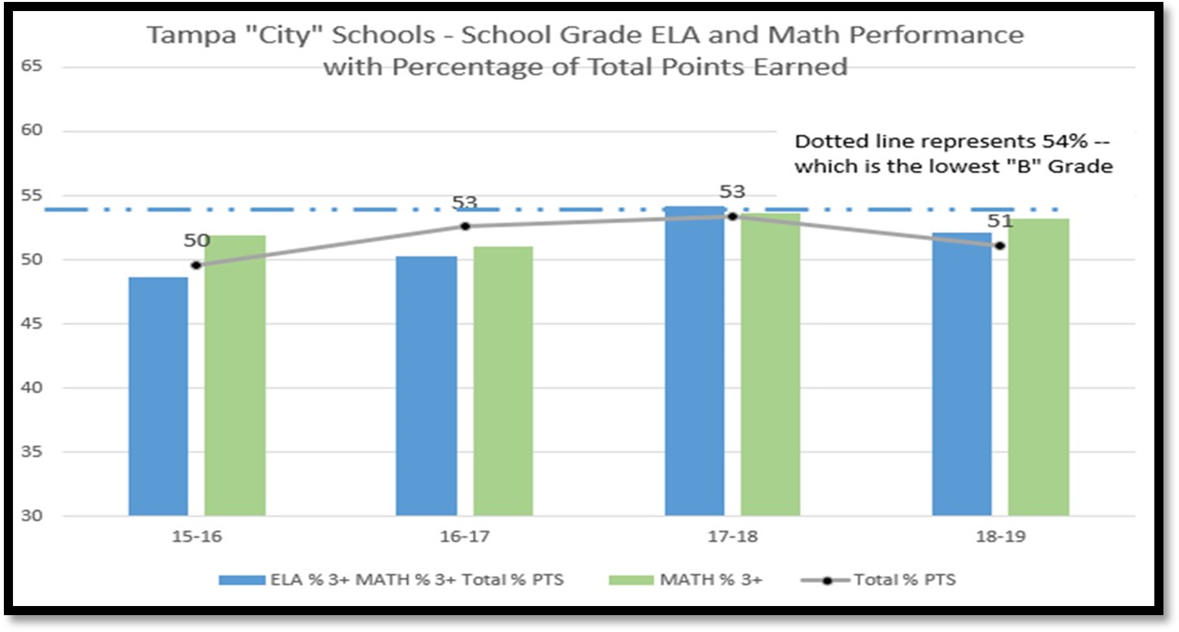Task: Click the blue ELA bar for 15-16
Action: [158, 396]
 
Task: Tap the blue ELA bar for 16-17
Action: [426, 386]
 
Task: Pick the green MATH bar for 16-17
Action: [503, 381]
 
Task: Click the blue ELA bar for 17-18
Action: [694, 361]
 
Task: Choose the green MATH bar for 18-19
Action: [1038, 367]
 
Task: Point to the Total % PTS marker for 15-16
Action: [196, 265]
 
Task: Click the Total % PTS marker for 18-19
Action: [1000, 246]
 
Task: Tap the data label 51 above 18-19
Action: [1000, 222]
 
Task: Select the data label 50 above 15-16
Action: [197, 241]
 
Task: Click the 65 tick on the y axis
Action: [31, 66]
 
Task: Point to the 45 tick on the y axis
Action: [31, 323]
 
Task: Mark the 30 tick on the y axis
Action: [31, 516]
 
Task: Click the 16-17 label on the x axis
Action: [465, 537]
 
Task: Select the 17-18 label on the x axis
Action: [733, 537]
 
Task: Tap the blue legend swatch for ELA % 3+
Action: [241, 580]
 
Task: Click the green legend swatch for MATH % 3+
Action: [631, 580]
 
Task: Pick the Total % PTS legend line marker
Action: [827, 580]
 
